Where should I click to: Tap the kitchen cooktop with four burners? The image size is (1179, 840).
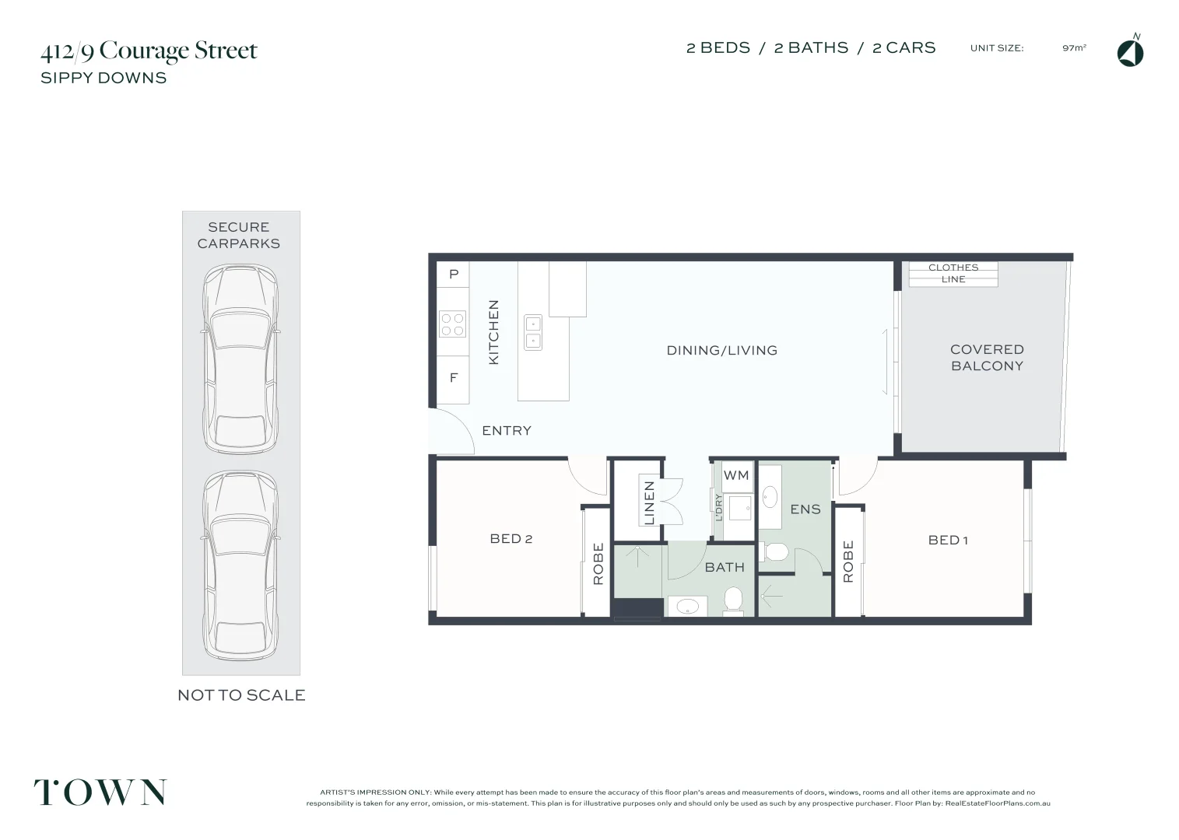pos(452,324)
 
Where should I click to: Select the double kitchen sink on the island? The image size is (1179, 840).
pos(532,332)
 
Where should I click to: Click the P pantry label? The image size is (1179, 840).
pos(454,274)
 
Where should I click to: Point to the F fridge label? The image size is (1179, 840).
pos(454,378)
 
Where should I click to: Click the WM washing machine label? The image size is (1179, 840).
pos(736,475)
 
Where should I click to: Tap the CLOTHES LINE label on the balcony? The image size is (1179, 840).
pos(953,273)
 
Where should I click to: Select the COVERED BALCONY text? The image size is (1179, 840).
pos(987,358)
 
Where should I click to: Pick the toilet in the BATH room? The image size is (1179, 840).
pos(733,600)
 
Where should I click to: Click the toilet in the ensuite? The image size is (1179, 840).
pos(774,552)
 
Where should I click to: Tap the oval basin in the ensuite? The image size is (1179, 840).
pos(770,497)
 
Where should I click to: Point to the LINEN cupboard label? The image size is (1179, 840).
pos(649,503)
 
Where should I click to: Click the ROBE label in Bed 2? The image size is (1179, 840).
pos(598,563)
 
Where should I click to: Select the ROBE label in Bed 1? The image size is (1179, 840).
pos(848,562)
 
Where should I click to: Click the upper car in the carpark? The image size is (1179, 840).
pos(240,359)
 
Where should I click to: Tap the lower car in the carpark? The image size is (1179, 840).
pos(240,565)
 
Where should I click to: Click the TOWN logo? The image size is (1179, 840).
pos(100,792)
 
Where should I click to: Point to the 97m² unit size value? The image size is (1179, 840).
pos(1074,48)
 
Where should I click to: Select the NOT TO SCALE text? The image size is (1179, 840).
pos(241,695)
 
